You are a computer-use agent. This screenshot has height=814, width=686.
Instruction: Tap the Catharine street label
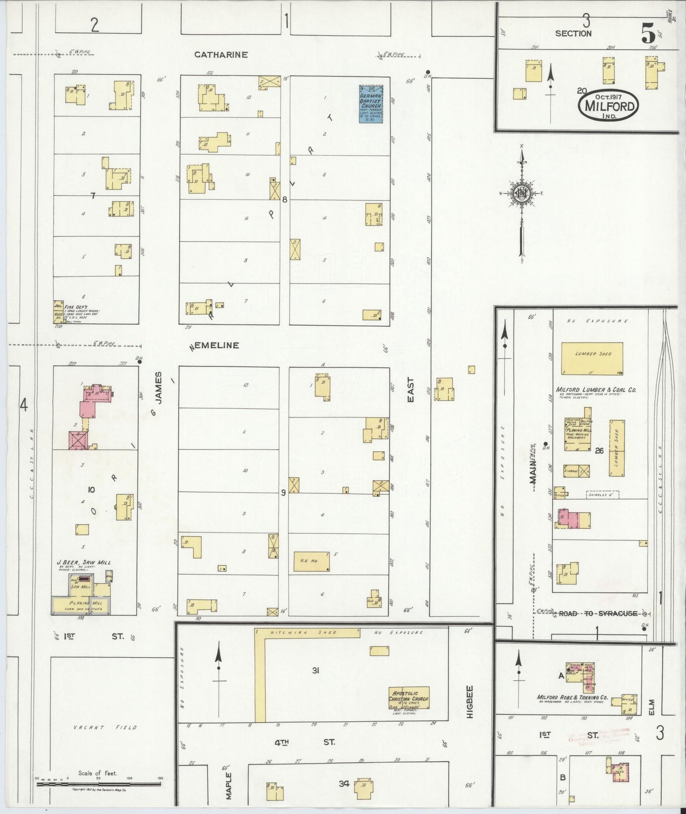click(221, 55)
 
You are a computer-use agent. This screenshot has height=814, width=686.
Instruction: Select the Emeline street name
click(216, 345)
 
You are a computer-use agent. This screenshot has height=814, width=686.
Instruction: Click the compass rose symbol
click(521, 193)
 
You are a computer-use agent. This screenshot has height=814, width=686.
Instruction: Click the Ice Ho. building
click(311, 561)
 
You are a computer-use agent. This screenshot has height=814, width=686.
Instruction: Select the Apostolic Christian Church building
click(409, 698)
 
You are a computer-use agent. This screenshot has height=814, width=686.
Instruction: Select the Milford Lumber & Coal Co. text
click(596, 390)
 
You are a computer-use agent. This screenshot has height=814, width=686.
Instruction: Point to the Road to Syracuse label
click(597, 614)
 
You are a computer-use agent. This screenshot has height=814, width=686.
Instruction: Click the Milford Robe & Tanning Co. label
click(572, 698)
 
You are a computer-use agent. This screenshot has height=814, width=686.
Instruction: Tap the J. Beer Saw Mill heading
click(84, 562)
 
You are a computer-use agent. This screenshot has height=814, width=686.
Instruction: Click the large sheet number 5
click(648, 33)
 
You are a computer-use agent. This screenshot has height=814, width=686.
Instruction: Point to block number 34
click(344, 783)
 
